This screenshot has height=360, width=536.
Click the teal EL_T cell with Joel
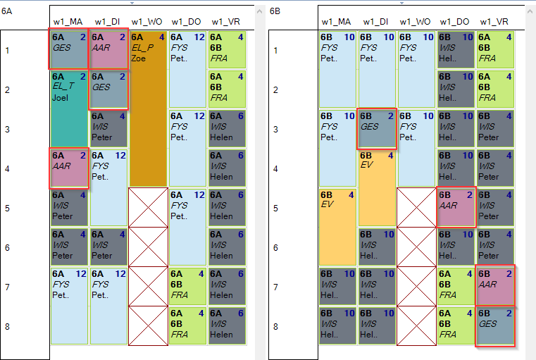[x=69, y=109]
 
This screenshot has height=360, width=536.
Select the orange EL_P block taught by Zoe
[x=148, y=108]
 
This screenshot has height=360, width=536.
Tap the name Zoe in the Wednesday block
[x=139, y=58]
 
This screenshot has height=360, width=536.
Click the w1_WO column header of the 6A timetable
[x=147, y=22]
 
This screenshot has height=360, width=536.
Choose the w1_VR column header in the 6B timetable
[x=494, y=22]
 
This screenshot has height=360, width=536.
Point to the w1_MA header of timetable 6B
[x=336, y=22]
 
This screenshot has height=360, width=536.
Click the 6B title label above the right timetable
[x=275, y=11]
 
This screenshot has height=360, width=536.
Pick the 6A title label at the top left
[x=6, y=11]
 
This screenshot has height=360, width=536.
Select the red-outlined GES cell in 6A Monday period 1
[x=69, y=50]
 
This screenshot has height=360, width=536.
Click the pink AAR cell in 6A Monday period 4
[x=69, y=168]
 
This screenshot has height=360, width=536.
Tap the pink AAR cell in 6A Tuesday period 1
[x=108, y=50]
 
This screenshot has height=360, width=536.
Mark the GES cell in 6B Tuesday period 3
[x=377, y=129]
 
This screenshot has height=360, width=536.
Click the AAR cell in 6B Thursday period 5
[x=456, y=208]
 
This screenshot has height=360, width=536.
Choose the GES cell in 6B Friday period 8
[x=495, y=326]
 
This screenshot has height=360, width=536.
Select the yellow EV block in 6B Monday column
[x=337, y=227]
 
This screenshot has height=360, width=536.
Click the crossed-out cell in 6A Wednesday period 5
[x=148, y=207]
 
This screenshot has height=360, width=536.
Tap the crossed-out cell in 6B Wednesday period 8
[x=416, y=325]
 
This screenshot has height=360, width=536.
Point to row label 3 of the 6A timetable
[x=7, y=130]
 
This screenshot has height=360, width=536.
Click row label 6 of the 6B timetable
[x=275, y=248]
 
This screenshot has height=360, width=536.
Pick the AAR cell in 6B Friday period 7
[x=495, y=286]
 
